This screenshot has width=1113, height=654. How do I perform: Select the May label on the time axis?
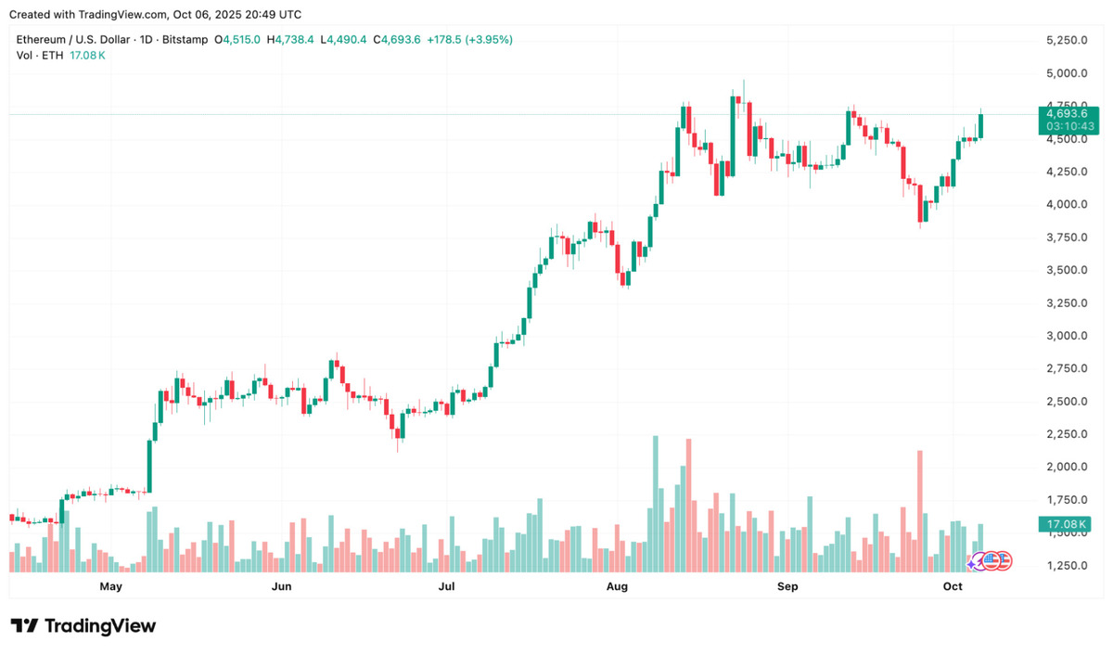click(x=110, y=586)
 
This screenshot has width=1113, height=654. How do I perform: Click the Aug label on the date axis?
click(x=617, y=586)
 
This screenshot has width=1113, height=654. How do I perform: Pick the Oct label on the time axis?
click(x=953, y=586)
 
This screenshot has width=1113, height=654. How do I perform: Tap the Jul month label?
click(x=447, y=586)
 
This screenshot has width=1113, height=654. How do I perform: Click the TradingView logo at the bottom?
click(x=83, y=626)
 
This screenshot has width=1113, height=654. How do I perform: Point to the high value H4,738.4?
click(x=290, y=40)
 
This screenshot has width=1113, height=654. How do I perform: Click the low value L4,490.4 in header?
click(x=343, y=40)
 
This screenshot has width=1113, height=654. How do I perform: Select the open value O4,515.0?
click(x=237, y=40)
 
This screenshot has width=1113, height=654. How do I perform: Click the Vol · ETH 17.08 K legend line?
click(x=61, y=56)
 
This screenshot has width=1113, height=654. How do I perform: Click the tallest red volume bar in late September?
click(x=919, y=510)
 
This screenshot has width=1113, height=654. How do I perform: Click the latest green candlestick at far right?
click(x=981, y=126)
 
